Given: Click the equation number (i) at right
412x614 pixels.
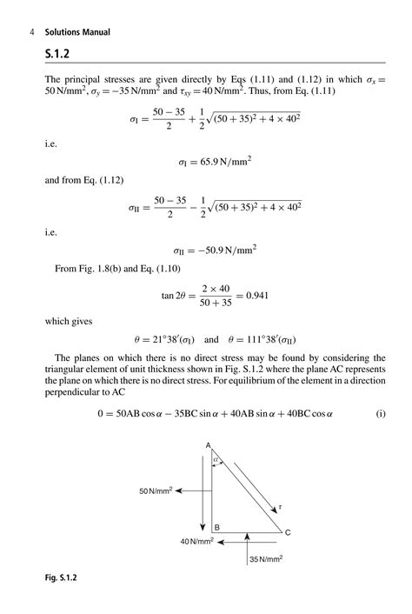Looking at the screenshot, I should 381,414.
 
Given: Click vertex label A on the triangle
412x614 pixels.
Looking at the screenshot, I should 209,446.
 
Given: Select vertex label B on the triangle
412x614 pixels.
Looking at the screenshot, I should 216,527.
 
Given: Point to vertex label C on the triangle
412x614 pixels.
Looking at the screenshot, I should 288,532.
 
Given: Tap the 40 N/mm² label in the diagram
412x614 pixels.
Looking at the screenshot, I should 197,542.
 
